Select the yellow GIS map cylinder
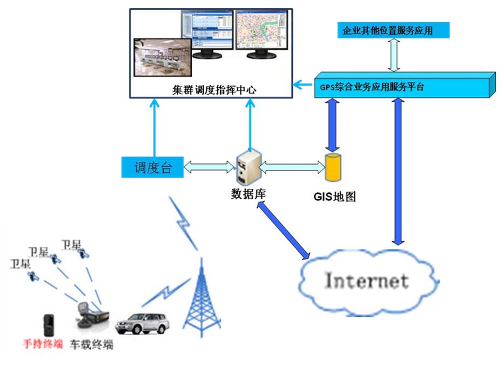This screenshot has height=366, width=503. pos(333,168)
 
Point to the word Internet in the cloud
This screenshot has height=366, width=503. pos(366,281)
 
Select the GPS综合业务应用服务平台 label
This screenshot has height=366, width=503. pos(372,87)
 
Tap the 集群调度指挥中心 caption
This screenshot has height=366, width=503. pos(213,90)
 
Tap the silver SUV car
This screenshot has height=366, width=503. pos(142,323)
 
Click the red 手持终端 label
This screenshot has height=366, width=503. pos(42,344)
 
